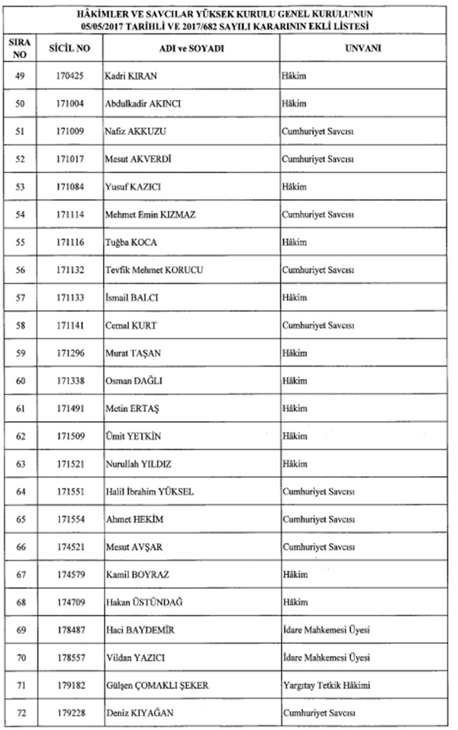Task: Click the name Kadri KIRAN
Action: [x=131, y=76]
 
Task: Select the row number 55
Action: [x=21, y=243]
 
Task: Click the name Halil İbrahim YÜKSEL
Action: [x=150, y=491]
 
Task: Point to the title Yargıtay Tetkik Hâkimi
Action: [x=327, y=685]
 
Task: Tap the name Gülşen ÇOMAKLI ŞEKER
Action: [x=156, y=685]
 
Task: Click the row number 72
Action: [x=21, y=713]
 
